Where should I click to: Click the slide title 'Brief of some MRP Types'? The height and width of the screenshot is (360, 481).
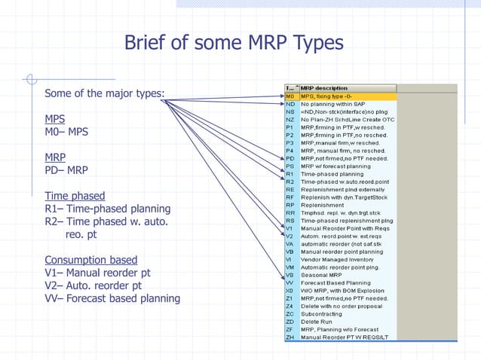[x=233, y=43]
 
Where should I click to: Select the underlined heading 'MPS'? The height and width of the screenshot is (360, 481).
[x=54, y=119]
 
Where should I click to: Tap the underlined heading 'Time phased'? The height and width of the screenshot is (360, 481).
[x=75, y=197]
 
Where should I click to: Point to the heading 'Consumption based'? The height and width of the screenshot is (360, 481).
[x=90, y=261]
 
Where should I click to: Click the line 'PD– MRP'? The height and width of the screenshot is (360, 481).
[x=66, y=170]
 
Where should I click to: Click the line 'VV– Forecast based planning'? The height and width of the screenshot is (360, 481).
[x=112, y=298]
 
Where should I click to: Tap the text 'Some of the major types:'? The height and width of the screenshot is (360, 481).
[x=105, y=94]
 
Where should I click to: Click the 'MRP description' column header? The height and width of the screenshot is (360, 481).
[x=324, y=88]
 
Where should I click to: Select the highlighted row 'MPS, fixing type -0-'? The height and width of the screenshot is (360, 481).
[x=332, y=96]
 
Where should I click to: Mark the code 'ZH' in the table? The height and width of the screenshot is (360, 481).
[x=290, y=337]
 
